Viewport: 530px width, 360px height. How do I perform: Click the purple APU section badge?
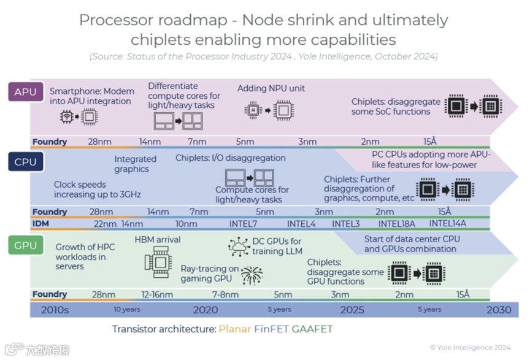pyautogui.click(x=25, y=93)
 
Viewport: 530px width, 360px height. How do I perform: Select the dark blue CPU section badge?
pyautogui.click(x=25, y=162)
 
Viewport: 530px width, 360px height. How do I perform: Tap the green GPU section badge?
pyautogui.click(x=25, y=245)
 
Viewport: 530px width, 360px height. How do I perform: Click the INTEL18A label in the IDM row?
pyautogui.click(x=396, y=224)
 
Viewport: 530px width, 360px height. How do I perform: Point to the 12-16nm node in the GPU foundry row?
pyautogui.click(x=157, y=294)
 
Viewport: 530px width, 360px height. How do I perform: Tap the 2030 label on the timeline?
pyautogui.click(x=498, y=309)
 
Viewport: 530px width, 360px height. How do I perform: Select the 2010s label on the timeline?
pyautogui.click(x=55, y=310)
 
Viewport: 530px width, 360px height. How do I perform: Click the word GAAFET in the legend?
pyautogui.click(x=312, y=329)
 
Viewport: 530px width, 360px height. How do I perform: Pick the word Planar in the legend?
pyautogui.click(x=234, y=329)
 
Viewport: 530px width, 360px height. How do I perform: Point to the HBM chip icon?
pyautogui.click(x=157, y=261)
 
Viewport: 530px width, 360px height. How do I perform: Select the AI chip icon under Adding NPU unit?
pyautogui.click(x=252, y=110)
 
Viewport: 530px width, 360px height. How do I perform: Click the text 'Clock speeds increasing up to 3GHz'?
pyautogui.click(x=98, y=190)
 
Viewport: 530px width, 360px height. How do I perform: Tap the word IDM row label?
pyautogui.click(x=40, y=224)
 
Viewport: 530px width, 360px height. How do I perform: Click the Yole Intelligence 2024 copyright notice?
pyautogui.click(x=470, y=347)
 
